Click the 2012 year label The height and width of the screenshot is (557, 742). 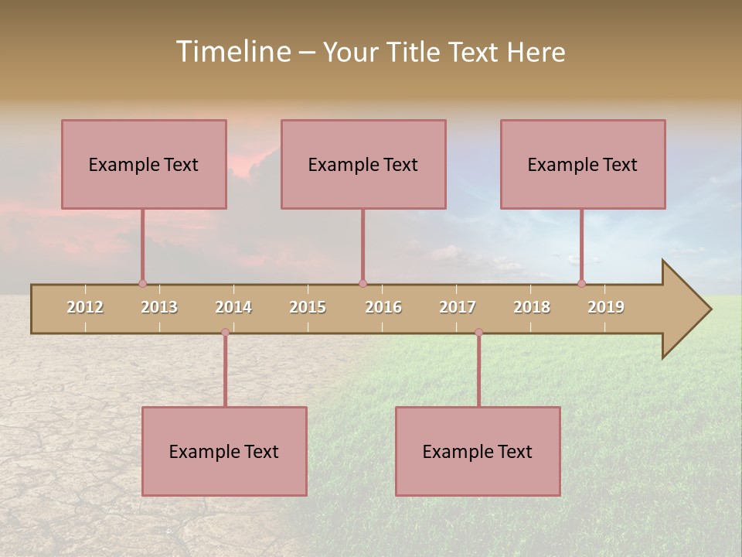[x=85, y=307]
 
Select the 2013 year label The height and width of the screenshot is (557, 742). [x=159, y=307]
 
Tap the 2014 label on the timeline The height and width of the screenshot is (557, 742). [x=233, y=307]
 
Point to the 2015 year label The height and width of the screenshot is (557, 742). [x=308, y=307]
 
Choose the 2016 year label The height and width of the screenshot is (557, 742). [x=383, y=307]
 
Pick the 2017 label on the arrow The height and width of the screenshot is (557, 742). [x=458, y=307]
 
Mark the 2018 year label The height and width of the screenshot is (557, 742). [x=532, y=307]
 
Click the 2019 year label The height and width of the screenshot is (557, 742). [x=606, y=307]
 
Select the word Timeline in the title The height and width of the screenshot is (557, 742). [x=233, y=52]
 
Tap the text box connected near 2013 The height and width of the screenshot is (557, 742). [x=144, y=164]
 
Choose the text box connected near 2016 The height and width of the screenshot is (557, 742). [x=363, y=164]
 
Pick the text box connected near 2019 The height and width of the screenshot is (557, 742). [x=583, y=164]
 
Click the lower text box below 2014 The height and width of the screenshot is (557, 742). [x=224, y=451]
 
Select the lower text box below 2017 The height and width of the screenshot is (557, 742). [x=478, y=451]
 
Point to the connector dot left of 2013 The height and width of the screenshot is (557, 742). [x=142, y=284]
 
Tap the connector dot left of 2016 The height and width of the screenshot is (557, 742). [x=362, y=284]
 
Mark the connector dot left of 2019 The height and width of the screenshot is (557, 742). [x=582, y=284]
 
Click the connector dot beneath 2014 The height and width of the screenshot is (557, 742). [x=225, y=333]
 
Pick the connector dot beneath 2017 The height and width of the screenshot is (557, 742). [x=478, y=333]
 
